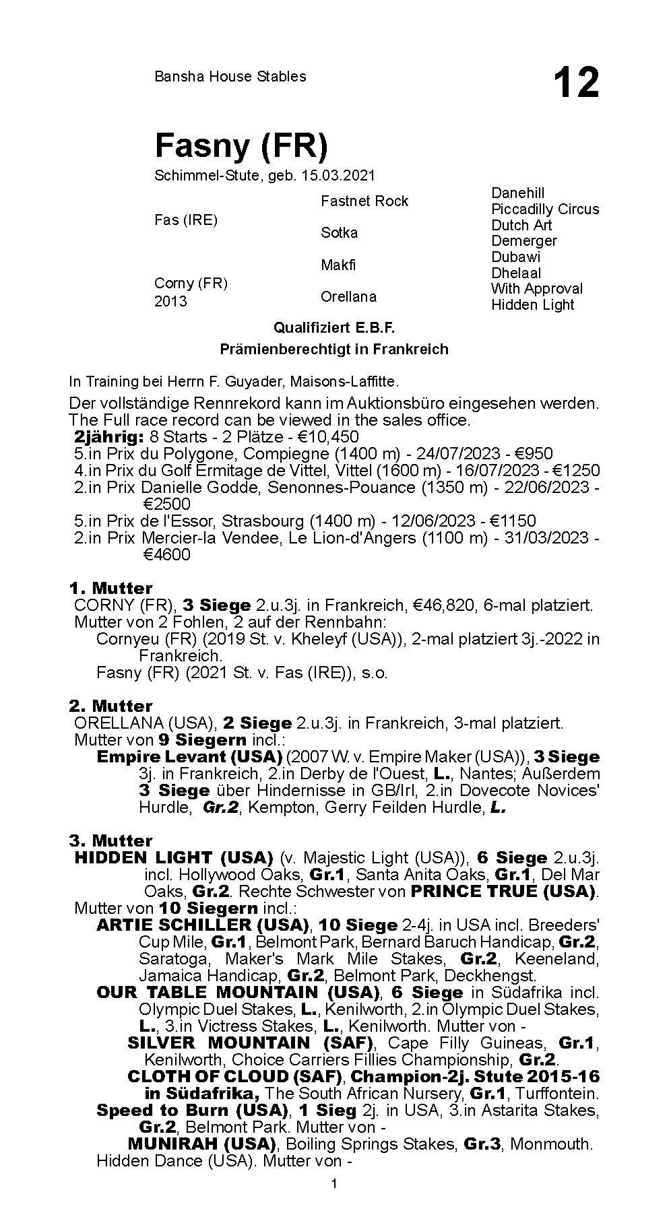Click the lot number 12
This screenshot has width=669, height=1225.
click(575, 84)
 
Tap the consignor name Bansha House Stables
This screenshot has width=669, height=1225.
click(230, 77)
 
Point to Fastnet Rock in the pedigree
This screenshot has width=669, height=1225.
click(364, 201)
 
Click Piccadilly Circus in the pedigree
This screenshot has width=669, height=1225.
click(544, 209)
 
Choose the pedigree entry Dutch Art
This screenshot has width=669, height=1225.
click(521, 225)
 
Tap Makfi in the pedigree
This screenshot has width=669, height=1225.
click(338, 265)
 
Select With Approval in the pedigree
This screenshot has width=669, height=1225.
click(536, 289)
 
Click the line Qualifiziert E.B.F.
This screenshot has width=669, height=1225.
click(333, 328)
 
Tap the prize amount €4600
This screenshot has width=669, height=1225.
click(166, 555)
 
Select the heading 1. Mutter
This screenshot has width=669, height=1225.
click(110, 589)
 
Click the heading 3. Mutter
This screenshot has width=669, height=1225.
click(110, 841)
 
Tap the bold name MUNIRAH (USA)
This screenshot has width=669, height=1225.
click(202, 1144)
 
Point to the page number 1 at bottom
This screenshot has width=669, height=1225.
click(334, 1185)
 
